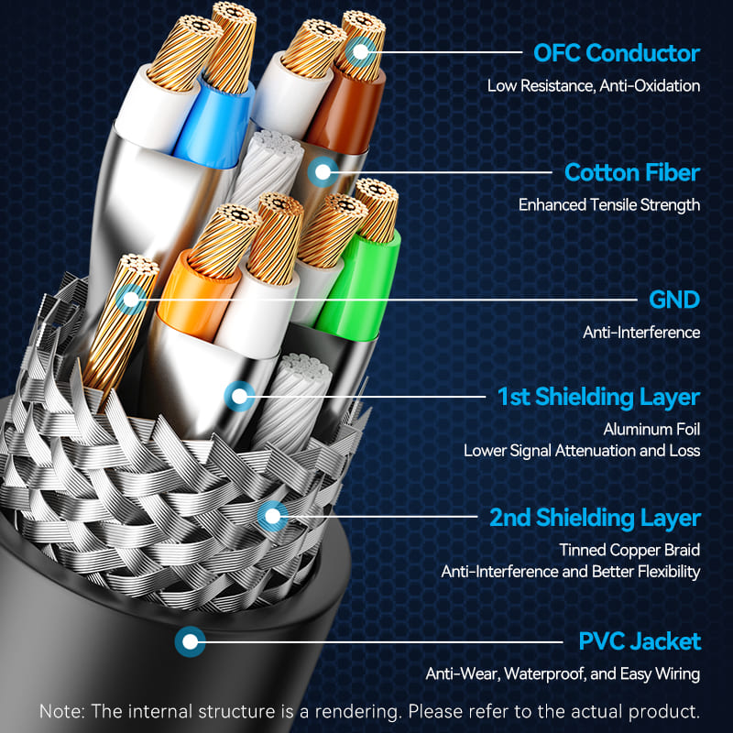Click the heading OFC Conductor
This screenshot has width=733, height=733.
tap(617, 52)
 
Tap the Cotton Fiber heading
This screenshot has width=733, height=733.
tap(632, 172)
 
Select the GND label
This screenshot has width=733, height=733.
tap(674, 300)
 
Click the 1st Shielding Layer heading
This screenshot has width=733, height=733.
tap(598, 397)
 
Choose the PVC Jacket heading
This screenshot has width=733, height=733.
tap(640, 641)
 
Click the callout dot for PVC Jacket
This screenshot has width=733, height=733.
tap(190, 641)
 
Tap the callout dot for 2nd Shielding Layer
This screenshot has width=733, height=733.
tap(271, 517)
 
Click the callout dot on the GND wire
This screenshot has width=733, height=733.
tap(130, 299)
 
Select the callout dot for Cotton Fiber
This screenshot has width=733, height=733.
tap(322, 170)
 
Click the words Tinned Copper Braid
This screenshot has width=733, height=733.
tap(629, 550)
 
